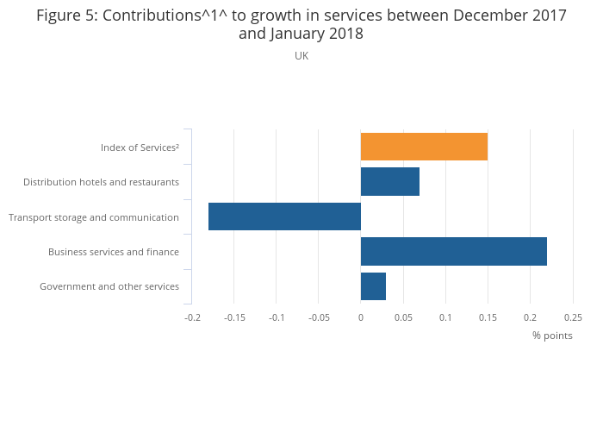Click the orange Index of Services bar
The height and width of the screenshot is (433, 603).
[424, 147]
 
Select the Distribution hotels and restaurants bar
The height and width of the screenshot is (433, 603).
[390, 182]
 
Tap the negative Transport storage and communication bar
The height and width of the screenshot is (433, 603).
[284, 216]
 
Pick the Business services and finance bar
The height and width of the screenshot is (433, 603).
[454, 251]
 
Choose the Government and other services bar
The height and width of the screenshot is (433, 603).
[373, 286]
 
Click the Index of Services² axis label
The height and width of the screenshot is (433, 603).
[140, 147]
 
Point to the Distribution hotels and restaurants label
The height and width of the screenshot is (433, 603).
[101, 182]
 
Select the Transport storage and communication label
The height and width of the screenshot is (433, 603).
[94, 217]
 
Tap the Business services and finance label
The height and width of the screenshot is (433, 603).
[114, 252]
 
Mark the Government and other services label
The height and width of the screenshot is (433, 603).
[109, 286]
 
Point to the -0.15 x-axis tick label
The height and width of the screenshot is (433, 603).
[234, 317]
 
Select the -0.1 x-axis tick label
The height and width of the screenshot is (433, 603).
[277, 317]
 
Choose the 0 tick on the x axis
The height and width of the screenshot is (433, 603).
[361, 317]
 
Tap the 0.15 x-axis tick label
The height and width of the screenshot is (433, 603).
[488, 317]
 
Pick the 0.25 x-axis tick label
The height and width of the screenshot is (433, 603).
[573, 317]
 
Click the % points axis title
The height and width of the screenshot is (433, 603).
[552, 336]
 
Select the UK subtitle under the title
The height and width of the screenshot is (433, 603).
[301, 56]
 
